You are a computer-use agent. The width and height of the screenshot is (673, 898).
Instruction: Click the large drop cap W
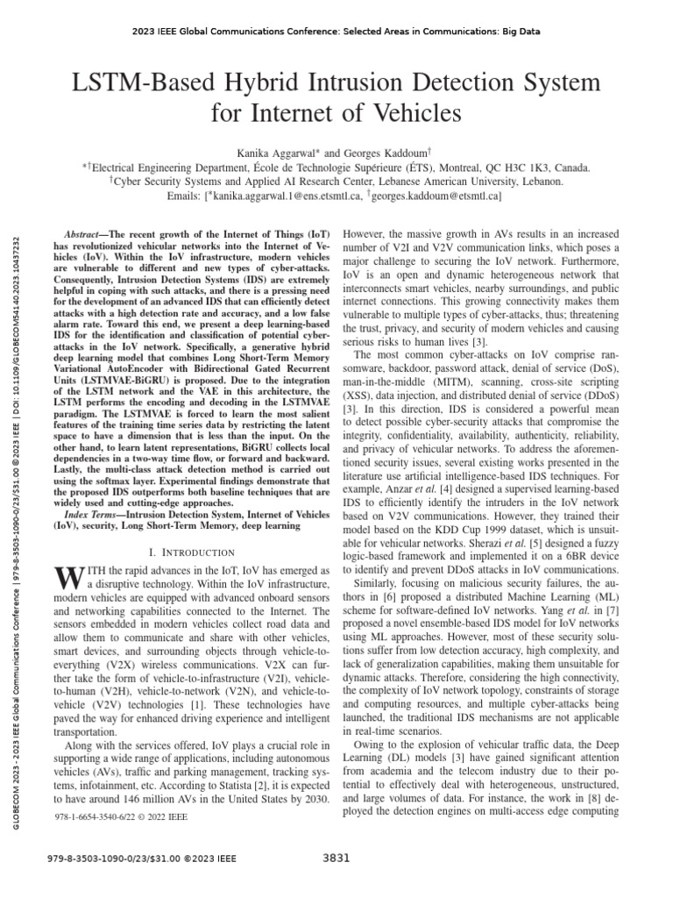[67, 578]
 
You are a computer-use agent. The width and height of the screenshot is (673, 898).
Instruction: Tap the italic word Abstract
[86, 237]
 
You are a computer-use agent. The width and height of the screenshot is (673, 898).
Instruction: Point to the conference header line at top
[336, 32]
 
